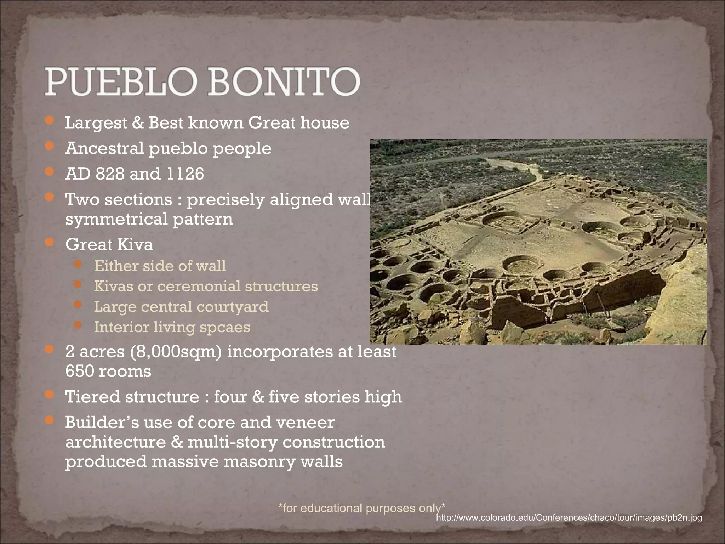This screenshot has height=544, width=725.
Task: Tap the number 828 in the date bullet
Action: [x=110, y=174]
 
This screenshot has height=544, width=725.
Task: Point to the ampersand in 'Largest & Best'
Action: [x=138, y=123]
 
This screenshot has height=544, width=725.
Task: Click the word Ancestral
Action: [x=104, y=148]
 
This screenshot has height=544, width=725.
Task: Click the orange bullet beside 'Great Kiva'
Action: [x=50, y=243]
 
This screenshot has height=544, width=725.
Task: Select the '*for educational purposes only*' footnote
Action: [x=361, y=508]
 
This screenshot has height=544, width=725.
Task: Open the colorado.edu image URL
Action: [x=569, y=518]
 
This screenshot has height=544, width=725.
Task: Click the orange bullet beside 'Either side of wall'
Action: [x=78, y=264]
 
